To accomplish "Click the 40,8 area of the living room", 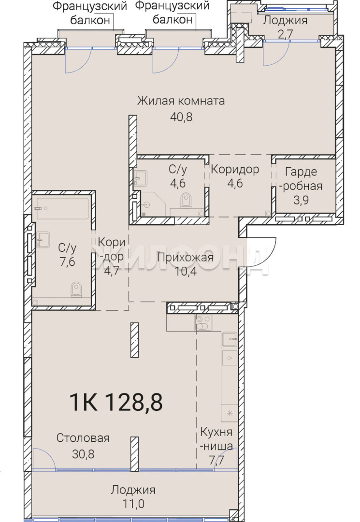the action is click(x=181, y=117).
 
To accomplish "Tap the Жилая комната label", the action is click(x=181, y=101).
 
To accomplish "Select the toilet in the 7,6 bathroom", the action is click(x=76, y=290).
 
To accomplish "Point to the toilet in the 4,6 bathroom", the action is click(x=186, y=201).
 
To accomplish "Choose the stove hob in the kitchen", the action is click(x=203, y=322).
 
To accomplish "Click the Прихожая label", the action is click(x=186, y=257).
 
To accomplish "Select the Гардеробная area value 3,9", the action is click(x=301, y=201).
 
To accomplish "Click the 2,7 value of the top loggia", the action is click(x=285, y=34).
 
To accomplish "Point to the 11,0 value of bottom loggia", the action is click(x=133, y=504).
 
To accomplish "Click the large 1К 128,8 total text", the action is click(x=116, y=402).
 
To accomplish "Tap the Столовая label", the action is click(x=83, y=438).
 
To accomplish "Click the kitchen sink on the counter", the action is click(x=230, y=339).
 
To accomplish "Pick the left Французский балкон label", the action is click(x=90, y=13).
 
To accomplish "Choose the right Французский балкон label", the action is click(x=173, y=13).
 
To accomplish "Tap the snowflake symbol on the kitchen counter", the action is click(x=229, y=414).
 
